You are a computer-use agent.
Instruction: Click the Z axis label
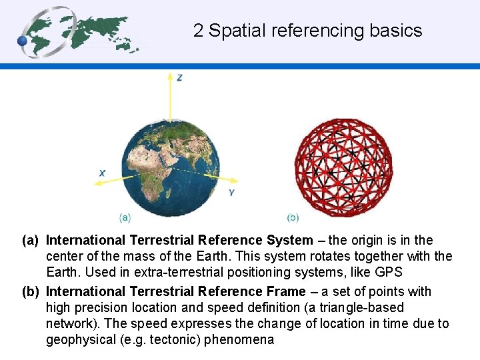click(180, 78)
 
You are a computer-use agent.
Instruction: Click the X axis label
click(102, 173)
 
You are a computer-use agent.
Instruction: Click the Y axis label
click(231, 193)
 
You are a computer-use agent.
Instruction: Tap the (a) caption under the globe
click(125, 217)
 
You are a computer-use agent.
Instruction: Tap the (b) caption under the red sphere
click(293, 217)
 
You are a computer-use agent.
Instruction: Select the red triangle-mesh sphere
click(343, 167)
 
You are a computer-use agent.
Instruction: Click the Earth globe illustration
click(170, 165)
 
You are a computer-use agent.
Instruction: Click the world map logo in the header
click(80, 32)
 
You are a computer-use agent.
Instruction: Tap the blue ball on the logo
click(23, 41)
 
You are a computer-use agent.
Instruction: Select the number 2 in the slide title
click(198, 31)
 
